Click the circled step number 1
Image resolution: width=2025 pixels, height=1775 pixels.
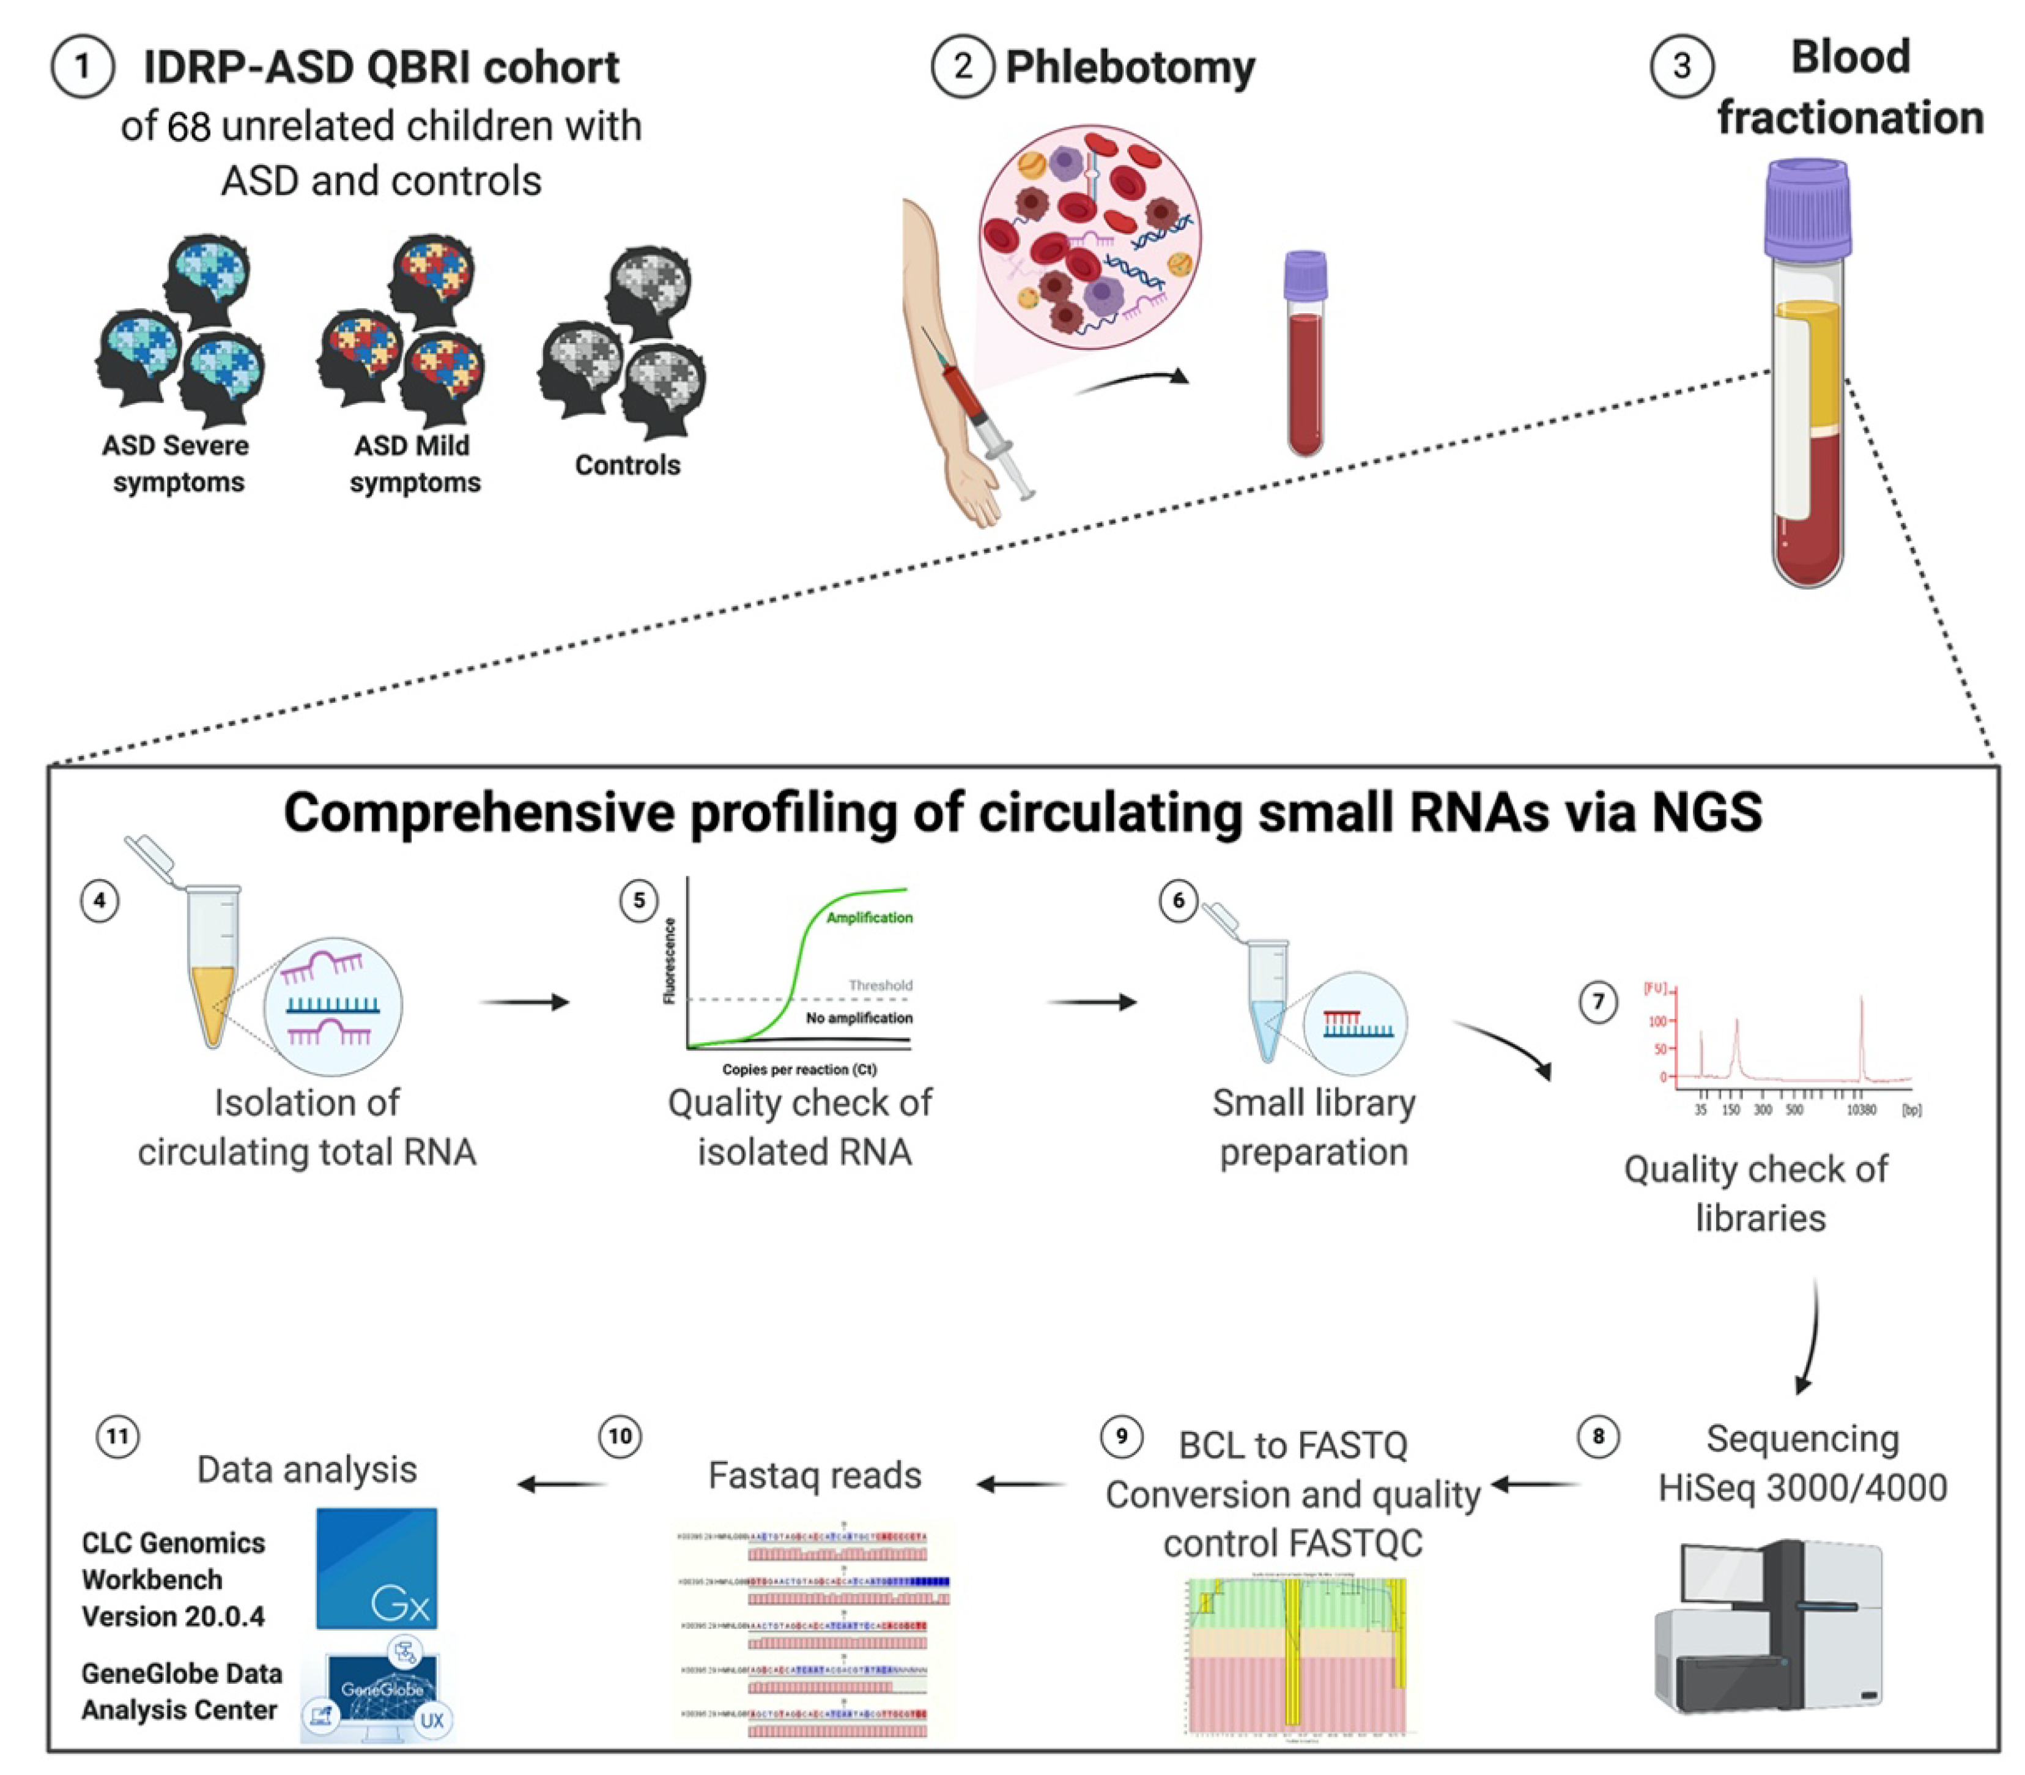[x=82, y=67]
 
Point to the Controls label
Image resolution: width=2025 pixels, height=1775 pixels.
[x=627, y=465]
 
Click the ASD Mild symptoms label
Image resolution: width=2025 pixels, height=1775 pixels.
[x=414, y=464]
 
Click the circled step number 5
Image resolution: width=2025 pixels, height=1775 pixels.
[x=639, y=900]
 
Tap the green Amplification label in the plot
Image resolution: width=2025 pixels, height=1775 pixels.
[x=870, y=917]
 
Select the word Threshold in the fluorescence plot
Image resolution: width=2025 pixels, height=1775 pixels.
[x=880, y=985]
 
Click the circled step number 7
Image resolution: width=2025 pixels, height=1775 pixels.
[x=1597, y=1002]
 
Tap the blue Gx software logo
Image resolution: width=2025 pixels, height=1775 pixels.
[x=376, y=1568]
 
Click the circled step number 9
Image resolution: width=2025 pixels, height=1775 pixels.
[x=1122, y=1436]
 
